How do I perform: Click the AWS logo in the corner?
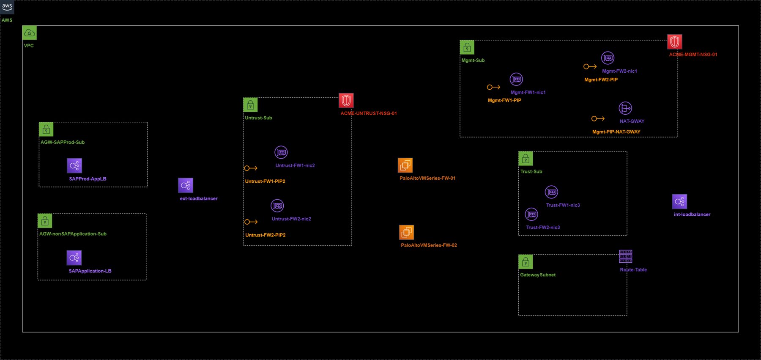[7, 7]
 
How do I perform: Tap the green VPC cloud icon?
[30, 33]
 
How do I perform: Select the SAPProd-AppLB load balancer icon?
[74, 165]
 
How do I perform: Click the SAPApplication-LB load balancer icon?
[74, 258]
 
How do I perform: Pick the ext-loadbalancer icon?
[186, 185]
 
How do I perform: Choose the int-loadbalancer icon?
[679, 201]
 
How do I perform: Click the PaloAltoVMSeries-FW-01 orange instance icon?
[405, 165]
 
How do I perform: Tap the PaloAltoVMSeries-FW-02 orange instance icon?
[406, 232]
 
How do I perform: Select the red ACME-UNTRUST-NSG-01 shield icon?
[346, 101]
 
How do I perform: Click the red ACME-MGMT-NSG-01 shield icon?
[674, 42]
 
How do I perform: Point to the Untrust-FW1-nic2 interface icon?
[281, 152]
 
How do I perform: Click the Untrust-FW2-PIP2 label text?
[266, 235]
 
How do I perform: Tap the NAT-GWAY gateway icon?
[625, 108]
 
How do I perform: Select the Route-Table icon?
[625, 256]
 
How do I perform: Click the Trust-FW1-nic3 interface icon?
[551, 192]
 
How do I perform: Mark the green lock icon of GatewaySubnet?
[526, 262]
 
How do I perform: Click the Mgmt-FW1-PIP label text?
[504, 101]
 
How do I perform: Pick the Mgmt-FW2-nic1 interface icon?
[608, 58]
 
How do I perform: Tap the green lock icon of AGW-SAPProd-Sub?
[46, 129]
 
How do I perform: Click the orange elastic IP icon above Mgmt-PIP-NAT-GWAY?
[598, 119]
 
